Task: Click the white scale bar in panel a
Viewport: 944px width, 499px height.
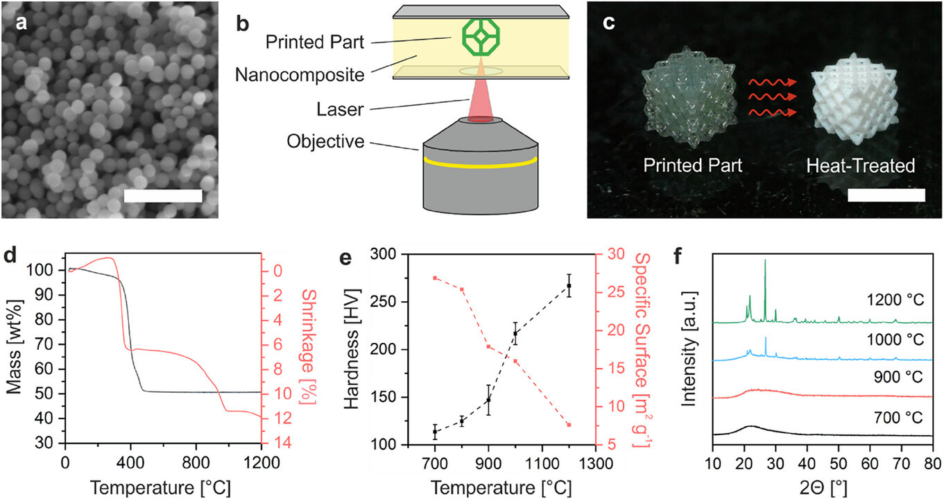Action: click(x=163, y=196)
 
